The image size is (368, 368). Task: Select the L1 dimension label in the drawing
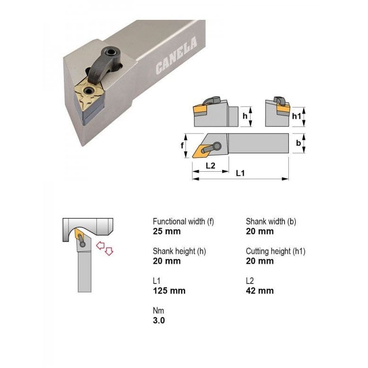point(240,173)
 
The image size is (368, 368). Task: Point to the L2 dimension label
point(210,166)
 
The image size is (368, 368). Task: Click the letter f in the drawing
point(182,146)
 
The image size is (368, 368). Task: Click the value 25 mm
point(167,231)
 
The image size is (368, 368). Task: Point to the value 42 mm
point(259,291)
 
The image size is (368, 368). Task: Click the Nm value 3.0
point(159,320)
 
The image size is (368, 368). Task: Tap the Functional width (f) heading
point(183,221)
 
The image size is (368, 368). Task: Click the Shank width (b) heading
point(271,221)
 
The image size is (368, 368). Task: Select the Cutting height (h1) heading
point(276,251)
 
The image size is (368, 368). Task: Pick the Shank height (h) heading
point(179,251)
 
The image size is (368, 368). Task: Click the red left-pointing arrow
point(100,245)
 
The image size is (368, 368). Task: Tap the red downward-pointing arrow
point(109,251)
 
